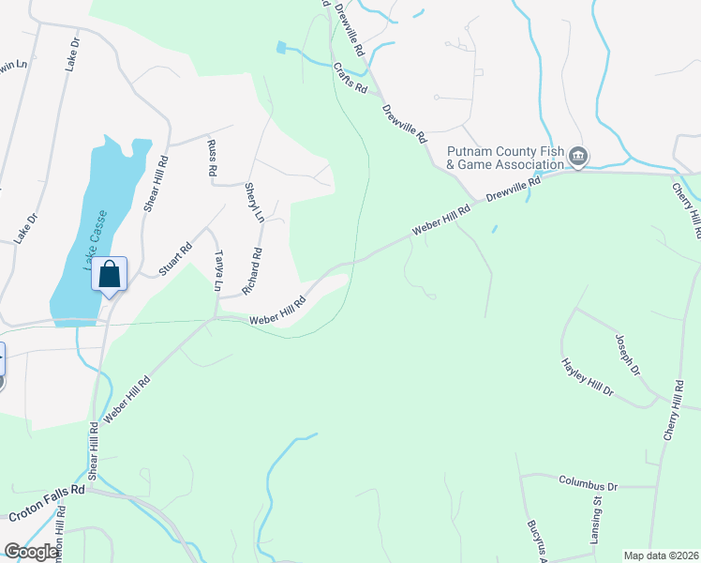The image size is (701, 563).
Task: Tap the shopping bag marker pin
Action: (x=110, y=276)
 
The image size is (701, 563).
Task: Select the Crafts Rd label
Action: (x=349, y=78)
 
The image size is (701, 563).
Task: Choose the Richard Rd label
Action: (x=252, y=271)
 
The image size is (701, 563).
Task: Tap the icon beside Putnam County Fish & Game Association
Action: (x=578, y=155)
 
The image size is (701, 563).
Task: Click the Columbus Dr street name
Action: (x=589, y=486)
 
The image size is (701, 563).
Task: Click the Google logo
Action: (x=32, y=552)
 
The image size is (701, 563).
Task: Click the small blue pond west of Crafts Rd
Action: (x=281, y=47)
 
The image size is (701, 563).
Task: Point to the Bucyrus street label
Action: (x=535, y=538)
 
